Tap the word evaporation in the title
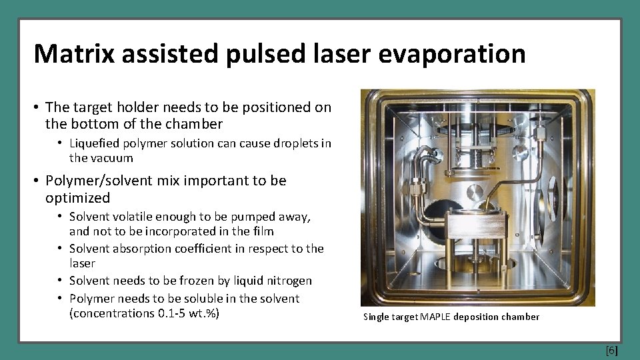click(451, 53)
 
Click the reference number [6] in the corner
click(611, 350)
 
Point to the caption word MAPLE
click(435, 317)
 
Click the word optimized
click(77, 198)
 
